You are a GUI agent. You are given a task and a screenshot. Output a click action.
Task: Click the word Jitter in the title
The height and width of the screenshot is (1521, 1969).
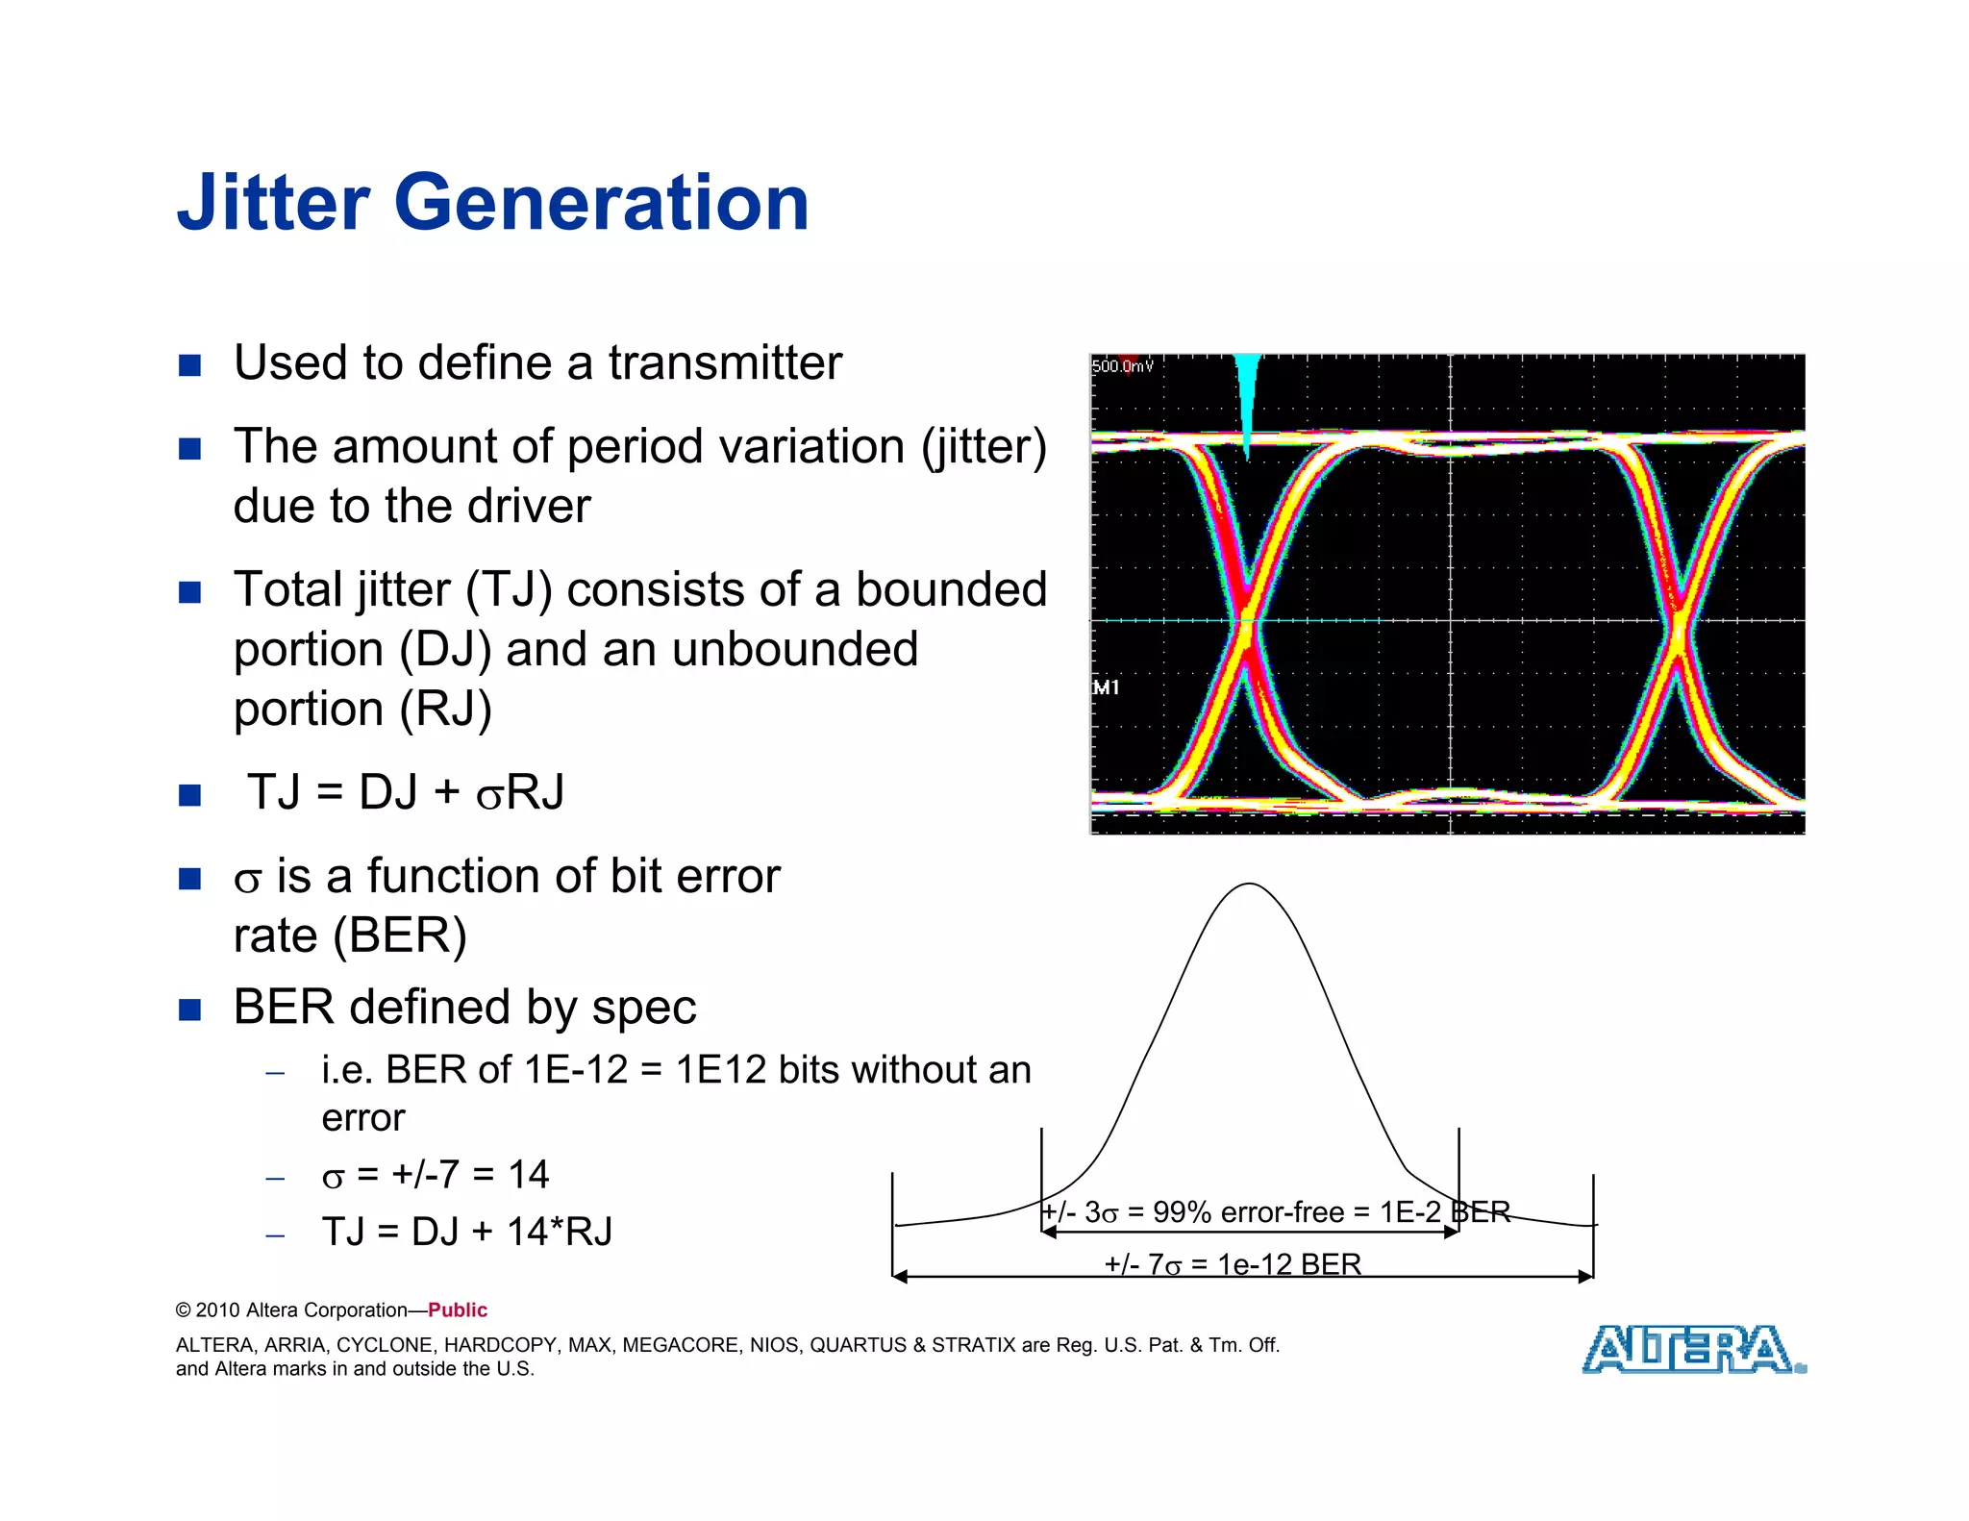pos(273,203)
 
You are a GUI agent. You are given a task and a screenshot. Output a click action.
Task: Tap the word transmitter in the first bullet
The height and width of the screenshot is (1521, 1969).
pos(725,363)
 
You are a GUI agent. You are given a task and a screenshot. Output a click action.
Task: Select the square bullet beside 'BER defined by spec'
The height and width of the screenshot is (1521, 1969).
pos(190,1010)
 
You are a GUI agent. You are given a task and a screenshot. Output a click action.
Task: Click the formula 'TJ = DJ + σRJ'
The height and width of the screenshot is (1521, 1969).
pos(405,793)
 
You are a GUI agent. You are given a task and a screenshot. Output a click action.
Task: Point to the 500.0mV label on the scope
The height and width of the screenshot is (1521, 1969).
pos(1122,366)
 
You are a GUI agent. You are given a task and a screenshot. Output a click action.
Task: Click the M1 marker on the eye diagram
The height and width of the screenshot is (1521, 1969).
pos(1106,687)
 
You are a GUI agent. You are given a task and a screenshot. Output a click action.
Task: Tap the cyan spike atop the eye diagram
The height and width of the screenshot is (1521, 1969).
pos(1247,394)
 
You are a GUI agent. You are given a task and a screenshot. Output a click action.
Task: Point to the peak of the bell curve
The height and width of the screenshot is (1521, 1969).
pos(1248,885)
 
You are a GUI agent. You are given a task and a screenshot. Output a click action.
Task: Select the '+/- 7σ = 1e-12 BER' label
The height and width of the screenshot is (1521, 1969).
pos(1233,1263)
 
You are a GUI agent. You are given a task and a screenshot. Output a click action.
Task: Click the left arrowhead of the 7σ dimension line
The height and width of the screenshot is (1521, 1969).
pos(900,1277)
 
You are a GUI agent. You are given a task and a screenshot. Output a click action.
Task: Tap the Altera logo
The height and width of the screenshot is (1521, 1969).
pos(1692,1349)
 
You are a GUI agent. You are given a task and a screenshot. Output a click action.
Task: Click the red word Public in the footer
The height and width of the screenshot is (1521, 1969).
pos(458,1309)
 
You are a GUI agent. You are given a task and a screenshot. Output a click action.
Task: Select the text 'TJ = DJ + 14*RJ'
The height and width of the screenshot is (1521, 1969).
pos(466,1232)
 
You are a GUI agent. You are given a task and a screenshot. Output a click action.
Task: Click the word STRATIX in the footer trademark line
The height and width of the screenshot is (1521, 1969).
pos(973,1345)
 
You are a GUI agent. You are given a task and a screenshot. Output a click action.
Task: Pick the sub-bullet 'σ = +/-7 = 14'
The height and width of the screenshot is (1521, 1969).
pos(435,1175)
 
